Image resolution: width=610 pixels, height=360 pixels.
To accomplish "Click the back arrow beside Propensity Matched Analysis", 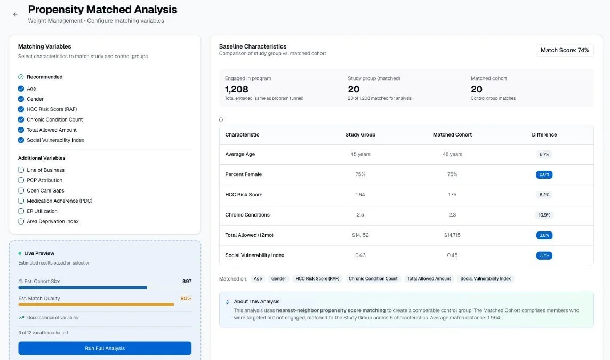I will [x=15, y=14].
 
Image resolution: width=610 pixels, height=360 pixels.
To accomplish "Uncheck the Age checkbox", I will [x=21, y=89].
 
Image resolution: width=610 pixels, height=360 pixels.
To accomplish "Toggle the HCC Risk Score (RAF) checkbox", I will [x=21, y=109].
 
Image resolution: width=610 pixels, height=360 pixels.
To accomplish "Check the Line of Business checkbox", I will [x=21, y=170].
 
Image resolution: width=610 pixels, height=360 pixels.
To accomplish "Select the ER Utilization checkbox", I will [x=21, y=211].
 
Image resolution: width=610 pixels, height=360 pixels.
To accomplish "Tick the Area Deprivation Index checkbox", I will [x=21, y=221].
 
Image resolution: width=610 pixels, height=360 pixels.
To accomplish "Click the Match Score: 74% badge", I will [x=564, y=50].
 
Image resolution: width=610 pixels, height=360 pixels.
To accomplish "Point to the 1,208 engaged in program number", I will [x=237, y=89].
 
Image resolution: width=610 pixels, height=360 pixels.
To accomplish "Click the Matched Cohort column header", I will [x=452, y=135].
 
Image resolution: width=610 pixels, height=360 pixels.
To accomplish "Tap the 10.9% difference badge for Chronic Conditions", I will [x=544, y=215].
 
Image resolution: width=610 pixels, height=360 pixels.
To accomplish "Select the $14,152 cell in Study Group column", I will [x=360, y=235].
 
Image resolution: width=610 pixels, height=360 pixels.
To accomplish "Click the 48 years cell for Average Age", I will [x=452, y=154].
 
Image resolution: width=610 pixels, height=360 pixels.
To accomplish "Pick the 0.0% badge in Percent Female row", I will [x=544, y=174].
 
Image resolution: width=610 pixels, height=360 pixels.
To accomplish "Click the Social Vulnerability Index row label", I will [x=254, y=255].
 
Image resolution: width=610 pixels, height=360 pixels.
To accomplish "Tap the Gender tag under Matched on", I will [x=278, y=279].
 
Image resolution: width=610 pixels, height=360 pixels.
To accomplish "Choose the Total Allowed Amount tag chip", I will [x=429, y=279].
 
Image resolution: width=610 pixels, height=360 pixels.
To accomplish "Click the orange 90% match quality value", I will [x=186, y=298].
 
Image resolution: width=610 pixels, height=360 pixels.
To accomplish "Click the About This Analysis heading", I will [x=256, y=302].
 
